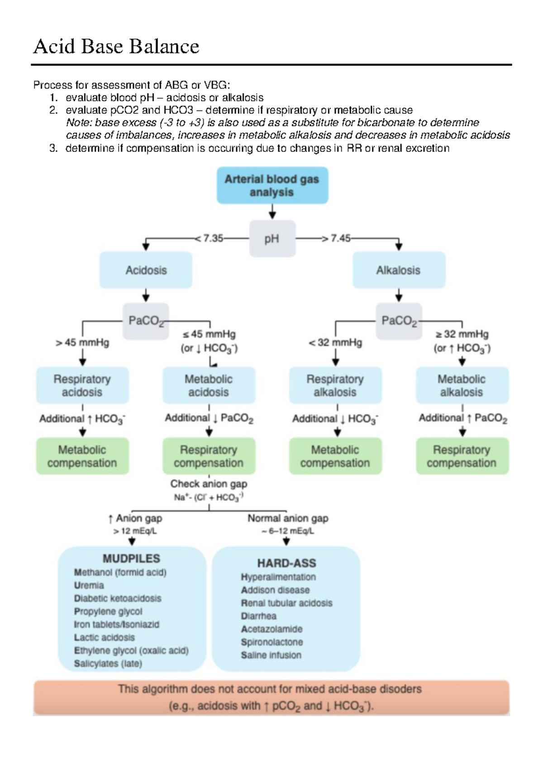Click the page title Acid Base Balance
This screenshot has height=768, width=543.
pos(116,47)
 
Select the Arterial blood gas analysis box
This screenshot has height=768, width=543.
pos(272,185)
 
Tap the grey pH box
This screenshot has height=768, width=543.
pos(272,239)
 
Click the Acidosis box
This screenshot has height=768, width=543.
pos(146,270)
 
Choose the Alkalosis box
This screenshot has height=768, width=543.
pos(399,270)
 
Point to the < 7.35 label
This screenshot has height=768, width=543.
pos(209,238)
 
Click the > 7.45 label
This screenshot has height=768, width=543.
pos(336,238)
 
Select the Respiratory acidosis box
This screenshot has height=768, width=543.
pos(82,385)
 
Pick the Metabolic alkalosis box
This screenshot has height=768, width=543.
pos(462,385)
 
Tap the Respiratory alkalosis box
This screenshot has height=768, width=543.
pos(335,385)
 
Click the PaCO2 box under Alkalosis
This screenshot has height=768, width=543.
pos(399,321)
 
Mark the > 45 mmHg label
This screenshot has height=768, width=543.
pos(82,343)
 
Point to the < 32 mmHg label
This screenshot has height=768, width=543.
pos(335,343)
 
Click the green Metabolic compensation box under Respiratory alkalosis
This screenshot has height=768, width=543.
pos(335,456)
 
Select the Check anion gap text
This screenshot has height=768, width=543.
pos(209,484)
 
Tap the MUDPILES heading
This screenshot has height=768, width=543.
pos(131,559)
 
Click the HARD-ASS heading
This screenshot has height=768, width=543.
pos(286,563)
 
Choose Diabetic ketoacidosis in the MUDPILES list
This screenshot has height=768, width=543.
pos(118,598)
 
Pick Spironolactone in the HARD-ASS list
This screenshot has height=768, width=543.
pos(271,642)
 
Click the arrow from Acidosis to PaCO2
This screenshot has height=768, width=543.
pos(146,296)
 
